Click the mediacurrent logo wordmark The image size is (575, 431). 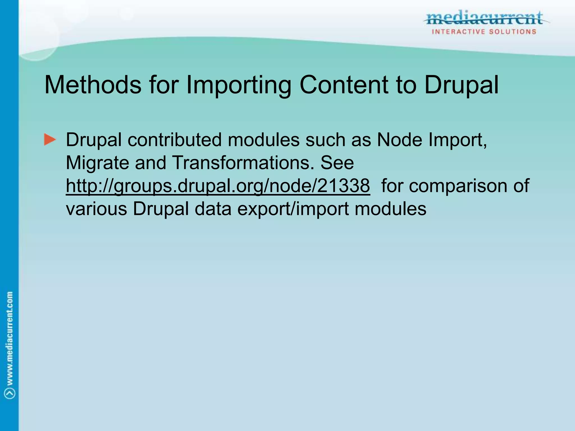485,19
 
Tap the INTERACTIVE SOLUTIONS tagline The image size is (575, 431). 484,32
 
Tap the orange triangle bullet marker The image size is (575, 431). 50,139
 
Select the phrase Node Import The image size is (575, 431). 431,139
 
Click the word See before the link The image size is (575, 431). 337,162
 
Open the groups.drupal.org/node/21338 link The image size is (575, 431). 218,186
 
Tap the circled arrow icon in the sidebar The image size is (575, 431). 10,393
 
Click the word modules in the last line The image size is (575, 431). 391,209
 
